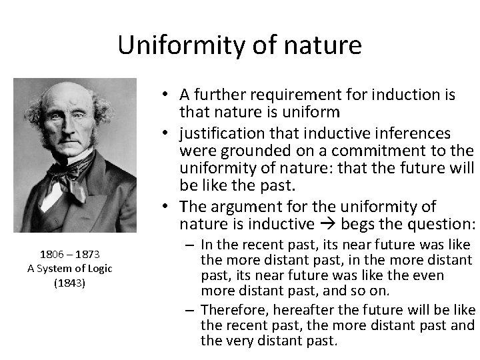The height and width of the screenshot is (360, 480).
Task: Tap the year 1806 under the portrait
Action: tap(52, 254)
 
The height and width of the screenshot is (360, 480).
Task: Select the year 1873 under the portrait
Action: tap(87, 254)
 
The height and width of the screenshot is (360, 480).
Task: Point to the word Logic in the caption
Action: tap(99, 268)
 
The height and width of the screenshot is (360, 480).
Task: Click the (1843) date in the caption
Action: tap(69, 282)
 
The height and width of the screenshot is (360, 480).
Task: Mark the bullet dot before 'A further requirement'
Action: tap(163, 95)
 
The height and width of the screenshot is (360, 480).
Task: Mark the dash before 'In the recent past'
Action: tap(190, 245)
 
